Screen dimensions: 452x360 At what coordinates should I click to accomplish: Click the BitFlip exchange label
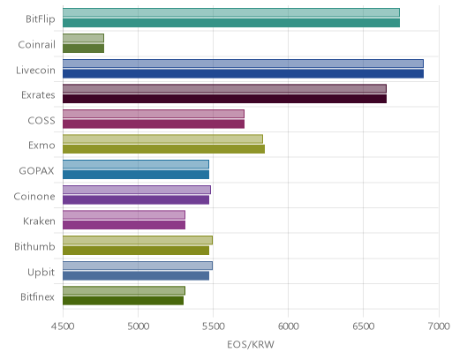pos(41,19)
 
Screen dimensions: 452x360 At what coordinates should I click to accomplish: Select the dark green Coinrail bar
pos(83,49)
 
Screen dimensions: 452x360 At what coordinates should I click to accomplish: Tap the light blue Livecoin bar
pos(243,64)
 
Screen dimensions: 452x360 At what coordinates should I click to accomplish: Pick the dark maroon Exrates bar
pos(224,99)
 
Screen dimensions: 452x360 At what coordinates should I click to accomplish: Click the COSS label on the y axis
pos(41,121)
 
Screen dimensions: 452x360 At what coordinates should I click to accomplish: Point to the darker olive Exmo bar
pos(163,149)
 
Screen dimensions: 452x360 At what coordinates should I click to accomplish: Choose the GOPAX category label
pos(36,171)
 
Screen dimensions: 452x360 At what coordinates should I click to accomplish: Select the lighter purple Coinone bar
pos(137,190)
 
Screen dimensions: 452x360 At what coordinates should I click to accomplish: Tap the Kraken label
pos(39,221)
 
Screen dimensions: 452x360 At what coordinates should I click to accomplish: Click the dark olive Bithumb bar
pos(136,251)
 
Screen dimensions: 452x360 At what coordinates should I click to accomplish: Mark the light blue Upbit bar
pos(138,266)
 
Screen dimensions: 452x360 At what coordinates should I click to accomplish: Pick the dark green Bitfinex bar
pos(123,301)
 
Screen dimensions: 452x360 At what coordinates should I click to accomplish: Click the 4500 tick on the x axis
pos(63,326)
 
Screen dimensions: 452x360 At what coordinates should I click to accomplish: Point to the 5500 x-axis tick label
pos(214,326)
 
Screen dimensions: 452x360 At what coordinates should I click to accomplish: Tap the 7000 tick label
pos(439,326)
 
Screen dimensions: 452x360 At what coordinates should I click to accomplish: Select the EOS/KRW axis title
pos(251,344)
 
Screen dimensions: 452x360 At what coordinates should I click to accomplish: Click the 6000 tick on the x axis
pos(288,326)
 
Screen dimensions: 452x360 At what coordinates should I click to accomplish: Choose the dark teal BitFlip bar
pos(231,23)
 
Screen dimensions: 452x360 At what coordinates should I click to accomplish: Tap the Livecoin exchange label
pos(35,71)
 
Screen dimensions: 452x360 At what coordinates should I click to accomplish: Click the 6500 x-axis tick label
pos(363,326)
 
